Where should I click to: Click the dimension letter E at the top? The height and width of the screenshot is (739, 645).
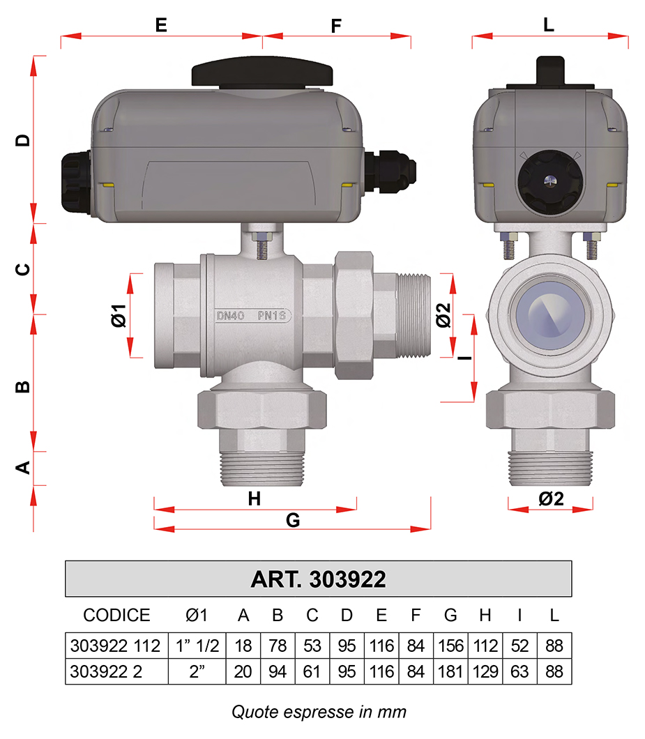click(161, 25)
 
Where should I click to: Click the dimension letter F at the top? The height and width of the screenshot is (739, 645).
click(335, 26)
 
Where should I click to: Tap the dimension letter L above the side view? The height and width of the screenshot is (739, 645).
click(548, 24)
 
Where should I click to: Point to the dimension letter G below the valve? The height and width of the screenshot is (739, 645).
click(293, 520)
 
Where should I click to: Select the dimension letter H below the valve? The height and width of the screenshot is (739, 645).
click(254, 498)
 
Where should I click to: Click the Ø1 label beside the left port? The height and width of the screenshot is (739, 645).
click(119, 315)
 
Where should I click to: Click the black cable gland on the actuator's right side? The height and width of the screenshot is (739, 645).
click(390, 172)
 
